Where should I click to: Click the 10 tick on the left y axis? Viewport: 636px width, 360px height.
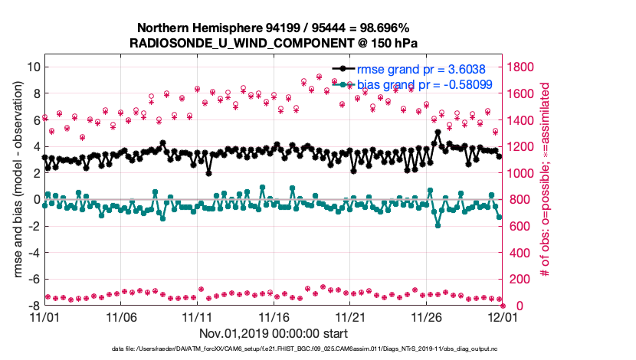pos(32,67)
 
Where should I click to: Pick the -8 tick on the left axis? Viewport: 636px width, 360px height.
pos(32,306)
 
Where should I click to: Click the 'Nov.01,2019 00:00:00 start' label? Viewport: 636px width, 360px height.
pos(273,333)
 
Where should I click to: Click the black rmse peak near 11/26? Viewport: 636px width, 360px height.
pos(438,132)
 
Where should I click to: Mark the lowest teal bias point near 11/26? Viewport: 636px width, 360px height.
pos(438,225)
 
